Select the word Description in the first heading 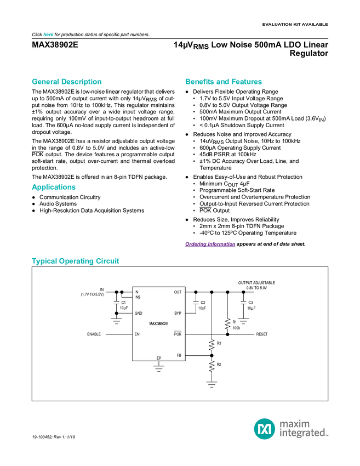pos(82,82)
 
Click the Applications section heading pos(53,187)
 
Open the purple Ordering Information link pos(210,245)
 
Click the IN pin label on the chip pos(136,292)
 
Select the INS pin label pos(138,297)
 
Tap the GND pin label pos(138,313)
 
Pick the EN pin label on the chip pos(137,334)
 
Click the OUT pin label pos(178,292)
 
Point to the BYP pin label pos(178,313)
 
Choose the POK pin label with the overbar pos(178,334)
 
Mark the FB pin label pos(179,355)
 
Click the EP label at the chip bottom pos(159,358)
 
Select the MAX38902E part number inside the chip pos(159,324)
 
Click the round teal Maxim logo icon pos(265,428)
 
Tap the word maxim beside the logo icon pos(295,423)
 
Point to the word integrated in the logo pos(304,433)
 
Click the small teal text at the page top pos(48,35)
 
